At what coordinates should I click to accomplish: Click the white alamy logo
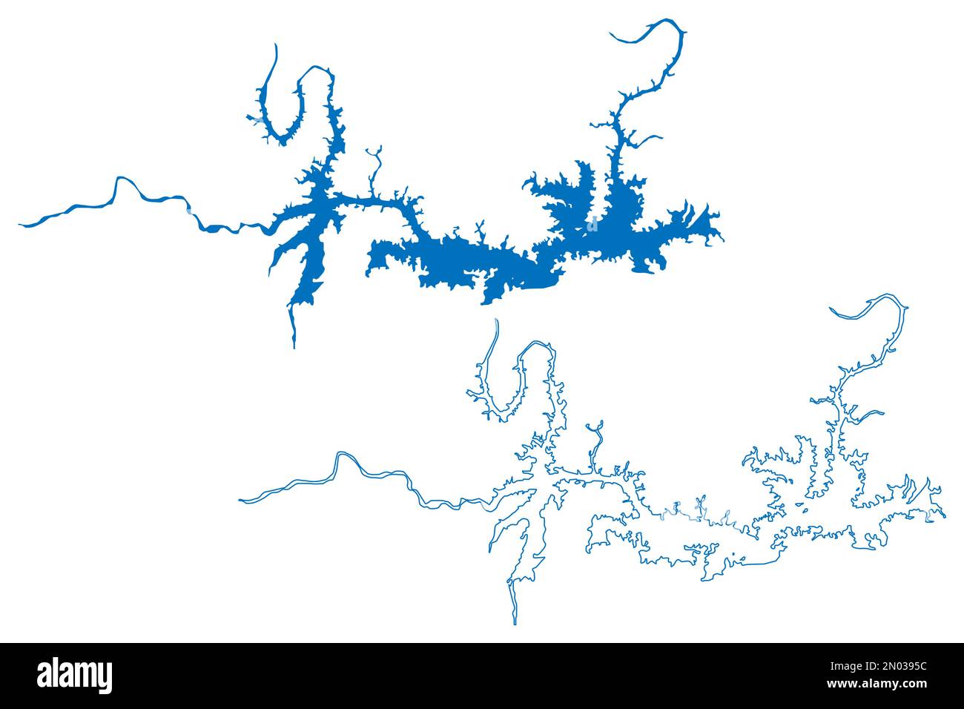(75, 676)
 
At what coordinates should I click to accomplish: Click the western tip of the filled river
(21, 223)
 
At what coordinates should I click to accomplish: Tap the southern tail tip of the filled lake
(294, 346)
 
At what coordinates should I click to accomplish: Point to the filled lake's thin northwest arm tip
(276, 46)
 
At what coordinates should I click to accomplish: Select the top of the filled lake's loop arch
(315, 68)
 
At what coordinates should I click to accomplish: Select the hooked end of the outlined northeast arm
(832, 309)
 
